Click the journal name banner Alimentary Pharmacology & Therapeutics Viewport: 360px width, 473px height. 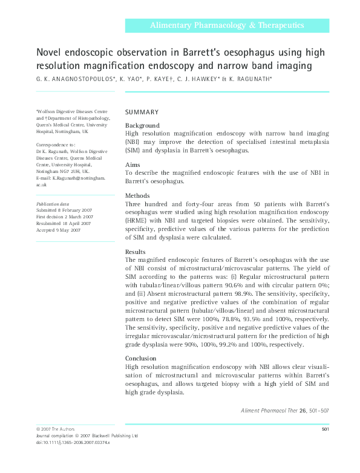pyautogui.click(x=227, y=25)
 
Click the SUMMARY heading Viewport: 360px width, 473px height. pyautogui.click(x=142, y=113)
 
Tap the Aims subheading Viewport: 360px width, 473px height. pyautogui.click(x=133, y=165)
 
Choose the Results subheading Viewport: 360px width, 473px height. pyautogui.click(x=136, y=252)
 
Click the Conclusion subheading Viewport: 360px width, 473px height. pyautogui.click(x=141, y=357)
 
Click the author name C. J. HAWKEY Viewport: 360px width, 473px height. pyautogui.click(x=198, y=79)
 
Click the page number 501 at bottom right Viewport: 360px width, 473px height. pyautogui.click(x=325, y=429)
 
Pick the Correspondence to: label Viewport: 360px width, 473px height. pyautogui.click(x=56, y=145)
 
